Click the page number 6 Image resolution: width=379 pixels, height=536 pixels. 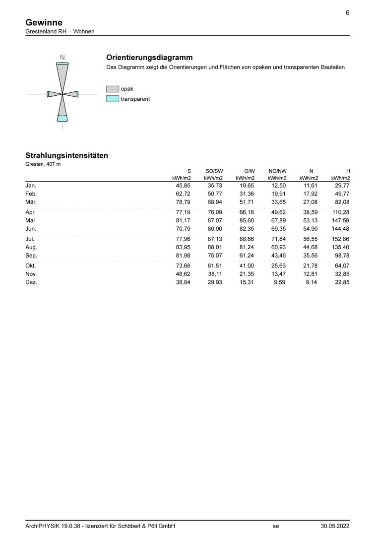tap(347, 13)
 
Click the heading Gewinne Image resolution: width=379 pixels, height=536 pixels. tap(44, 22)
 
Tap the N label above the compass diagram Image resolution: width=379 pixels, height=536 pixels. tap(62, 58)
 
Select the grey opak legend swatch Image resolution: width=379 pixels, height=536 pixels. tap(112, 89)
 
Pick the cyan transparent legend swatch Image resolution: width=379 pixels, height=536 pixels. tap(112, 99)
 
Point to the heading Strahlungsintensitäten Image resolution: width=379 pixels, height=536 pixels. tap(66, 155)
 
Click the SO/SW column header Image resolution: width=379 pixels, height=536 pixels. tap(214, 170)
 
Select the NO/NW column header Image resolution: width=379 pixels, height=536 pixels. tap(277, 170)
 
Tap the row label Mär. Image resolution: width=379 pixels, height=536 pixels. tap(31, 202)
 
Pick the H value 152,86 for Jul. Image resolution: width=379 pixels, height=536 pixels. tap(341, 238)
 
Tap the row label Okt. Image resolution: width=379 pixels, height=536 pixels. tap(31, 265)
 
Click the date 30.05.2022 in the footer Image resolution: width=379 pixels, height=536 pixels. tap(335, 526)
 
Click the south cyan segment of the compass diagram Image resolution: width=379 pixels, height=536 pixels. tap(62, 118)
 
